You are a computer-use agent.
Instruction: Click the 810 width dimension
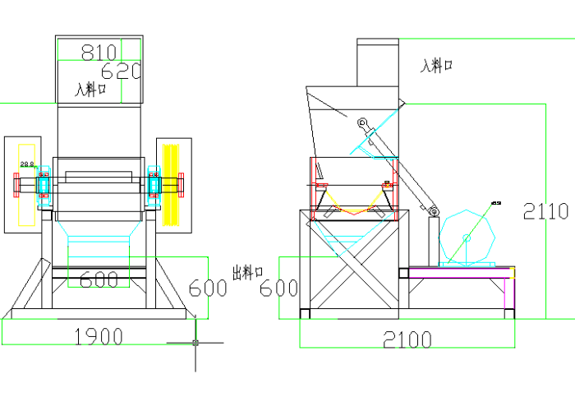[x=99, y=53]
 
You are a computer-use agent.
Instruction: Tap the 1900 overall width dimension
[x=99, y=335]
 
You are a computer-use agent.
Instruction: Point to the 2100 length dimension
[x=407, y=338]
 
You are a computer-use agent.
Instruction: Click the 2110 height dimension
[x=546, y=212]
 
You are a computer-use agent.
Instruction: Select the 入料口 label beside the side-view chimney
[x=437, y=66]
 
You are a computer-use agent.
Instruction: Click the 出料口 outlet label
[x=247, y=271]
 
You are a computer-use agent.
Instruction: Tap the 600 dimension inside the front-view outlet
[x=99, y=280]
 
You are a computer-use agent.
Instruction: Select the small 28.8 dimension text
[x=27, y=164]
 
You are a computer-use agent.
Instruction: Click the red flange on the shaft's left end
[x=16, y=185]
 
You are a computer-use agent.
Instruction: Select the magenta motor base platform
[x=460, y=267]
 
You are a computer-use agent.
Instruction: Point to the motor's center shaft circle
[x=467, y=238]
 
